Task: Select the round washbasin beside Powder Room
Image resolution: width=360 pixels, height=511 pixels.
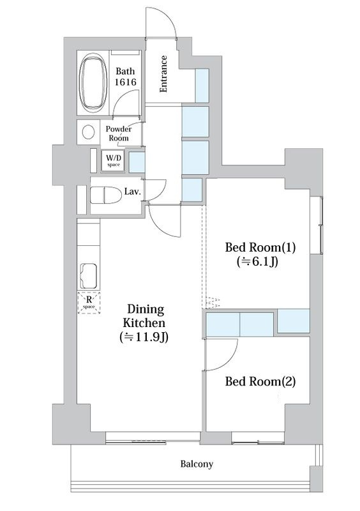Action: pyautogui.click(x=88, y=132)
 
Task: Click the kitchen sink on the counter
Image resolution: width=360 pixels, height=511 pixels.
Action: pyautogui.click(x=89, y=277)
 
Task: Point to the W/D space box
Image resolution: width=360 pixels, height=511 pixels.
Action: pyautogui.click(x=113, y=161)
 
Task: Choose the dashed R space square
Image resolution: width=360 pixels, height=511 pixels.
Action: pyautogui.click(x=89, y=303)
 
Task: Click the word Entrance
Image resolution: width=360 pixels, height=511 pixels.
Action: pyautogui.click(x=163, y=74)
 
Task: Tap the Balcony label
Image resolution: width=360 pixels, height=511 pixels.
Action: pyautogui.click(x=197, y=464)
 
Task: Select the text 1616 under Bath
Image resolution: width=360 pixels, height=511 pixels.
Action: pyautogui.click(x=125, y=82)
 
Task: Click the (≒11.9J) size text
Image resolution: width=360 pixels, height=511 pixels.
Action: pyautogui.click(x=144, y=337)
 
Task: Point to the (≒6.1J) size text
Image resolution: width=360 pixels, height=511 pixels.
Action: pyautogui.click(x=258, y=261)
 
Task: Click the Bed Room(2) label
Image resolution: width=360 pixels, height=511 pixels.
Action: pyautogui.click(x=260, y=381)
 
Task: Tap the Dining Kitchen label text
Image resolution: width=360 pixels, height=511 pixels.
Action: pyautogui.click(x=144, y=316)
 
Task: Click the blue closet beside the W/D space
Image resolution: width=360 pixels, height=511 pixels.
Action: pyautogui.click(x=137, y=162)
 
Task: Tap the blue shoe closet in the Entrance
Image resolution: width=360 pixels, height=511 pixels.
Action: pyautogui.click(x=202, y=86)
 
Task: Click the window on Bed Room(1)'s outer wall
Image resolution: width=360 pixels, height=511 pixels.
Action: pyautogui.click(x=321, y=225)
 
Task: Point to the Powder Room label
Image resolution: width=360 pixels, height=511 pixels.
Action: pyautogui.click(x=119, y=133)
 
